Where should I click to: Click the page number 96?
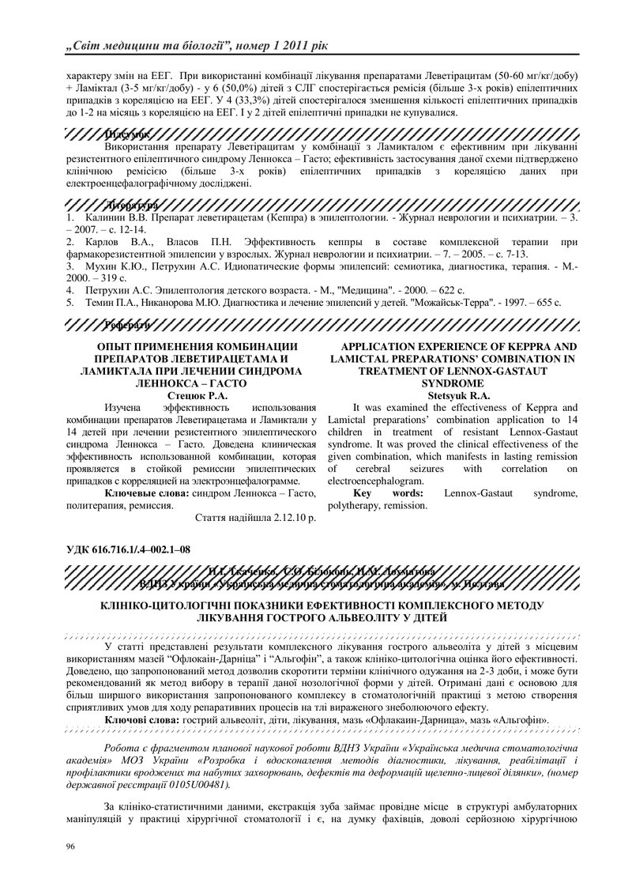[70, 847]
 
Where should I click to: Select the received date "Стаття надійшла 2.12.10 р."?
[254, 518]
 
